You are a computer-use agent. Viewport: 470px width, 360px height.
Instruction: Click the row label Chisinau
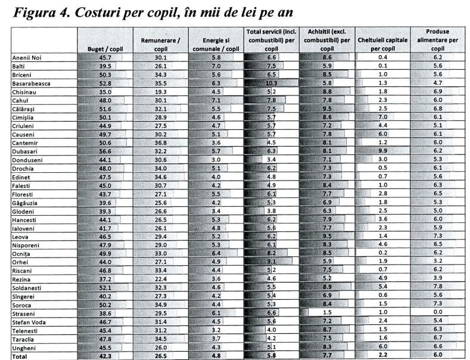tap(25, 92)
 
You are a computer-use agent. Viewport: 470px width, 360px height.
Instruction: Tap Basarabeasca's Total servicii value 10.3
tap(271, 83)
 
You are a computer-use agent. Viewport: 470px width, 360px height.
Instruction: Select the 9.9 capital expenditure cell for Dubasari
tap(382, 152)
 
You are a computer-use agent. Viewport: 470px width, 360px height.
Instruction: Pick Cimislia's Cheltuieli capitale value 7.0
tap(382, 117)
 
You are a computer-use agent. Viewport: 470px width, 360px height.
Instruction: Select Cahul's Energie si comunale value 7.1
tap(216, 101)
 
